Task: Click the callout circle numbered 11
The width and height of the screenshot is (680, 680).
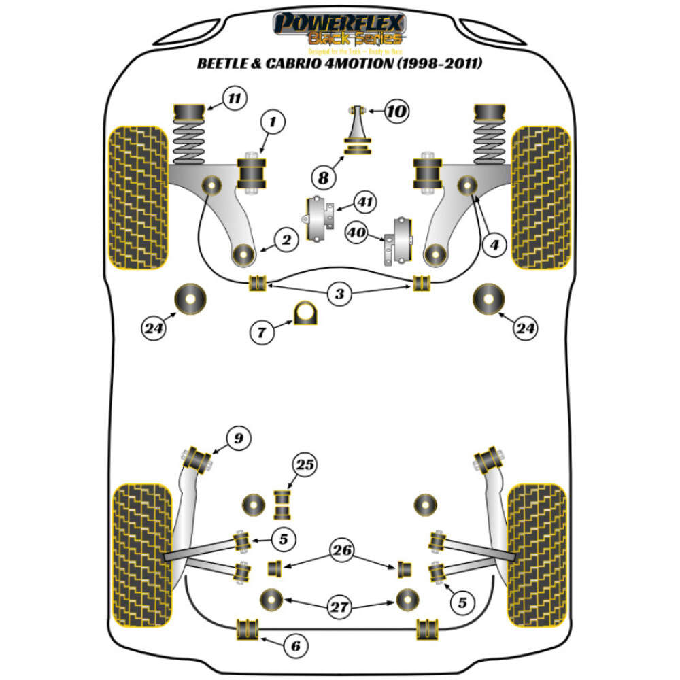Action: (x=234, y=99)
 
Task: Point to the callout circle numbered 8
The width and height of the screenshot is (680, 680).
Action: (x=324, y=177)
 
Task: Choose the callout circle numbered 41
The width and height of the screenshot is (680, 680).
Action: (x=367, y=202)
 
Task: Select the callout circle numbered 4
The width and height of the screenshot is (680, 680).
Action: (x=494, y=243)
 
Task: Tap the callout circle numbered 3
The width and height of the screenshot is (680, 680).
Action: (x=339, y=294)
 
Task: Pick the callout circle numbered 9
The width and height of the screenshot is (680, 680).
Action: (x=239, y=439)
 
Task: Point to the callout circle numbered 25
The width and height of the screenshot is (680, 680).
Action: (x=305, y=465)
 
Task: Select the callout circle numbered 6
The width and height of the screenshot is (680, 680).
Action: (x=294, y=645)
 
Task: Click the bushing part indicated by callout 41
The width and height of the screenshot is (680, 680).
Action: (x=318, y=218)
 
